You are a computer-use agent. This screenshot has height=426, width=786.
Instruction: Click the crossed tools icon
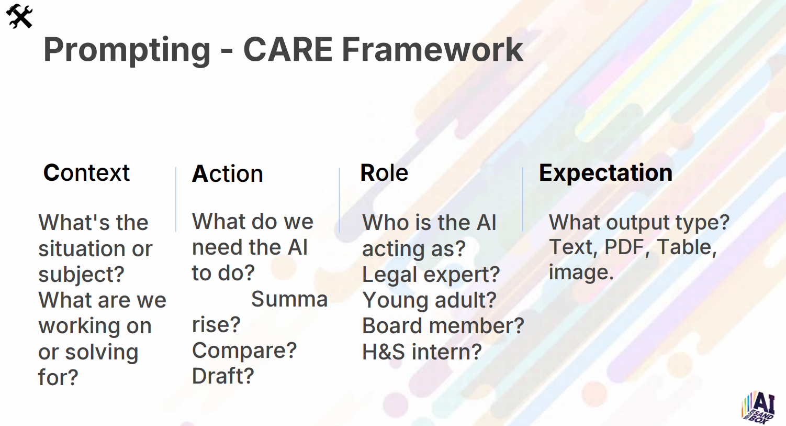click(x=19, y=16)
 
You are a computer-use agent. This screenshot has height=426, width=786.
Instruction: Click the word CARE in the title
click(x=288, y=50)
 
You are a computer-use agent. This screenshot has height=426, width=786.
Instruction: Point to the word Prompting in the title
click(x=127, y=51)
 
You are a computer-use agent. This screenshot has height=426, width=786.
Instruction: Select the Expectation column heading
click(x=605, y=173)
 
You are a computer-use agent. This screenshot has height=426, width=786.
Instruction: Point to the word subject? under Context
click(x=82, y=275)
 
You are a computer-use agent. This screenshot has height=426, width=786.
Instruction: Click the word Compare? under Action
click(x=244, y=351)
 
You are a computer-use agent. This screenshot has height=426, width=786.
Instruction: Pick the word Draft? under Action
click(x=223, y=376)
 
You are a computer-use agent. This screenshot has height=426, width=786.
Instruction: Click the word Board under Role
click(x=391, y=326)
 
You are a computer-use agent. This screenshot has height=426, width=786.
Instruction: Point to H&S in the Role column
click(x=383, y=352)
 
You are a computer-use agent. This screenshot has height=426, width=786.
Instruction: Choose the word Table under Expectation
click(x=687, y=247)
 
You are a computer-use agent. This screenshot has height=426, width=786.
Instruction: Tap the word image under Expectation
click(x=581, y=273)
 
